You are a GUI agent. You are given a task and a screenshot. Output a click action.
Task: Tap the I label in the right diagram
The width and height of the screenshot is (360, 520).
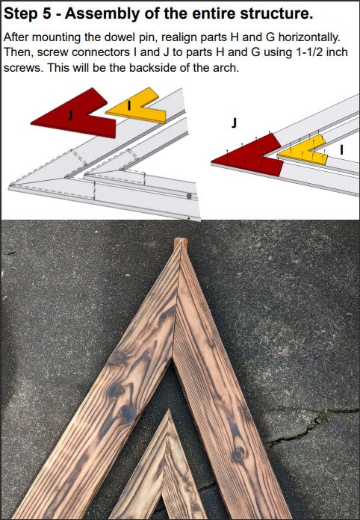[x=342, y=149]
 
